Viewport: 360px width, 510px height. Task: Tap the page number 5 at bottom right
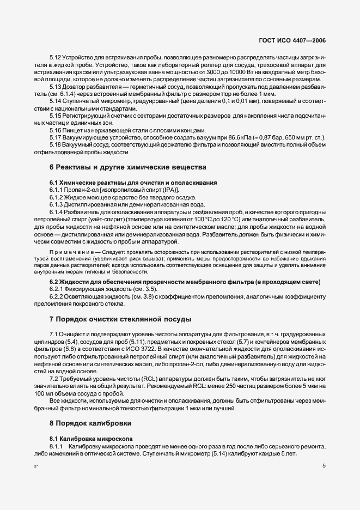point(324,466)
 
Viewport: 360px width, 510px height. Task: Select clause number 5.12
point(55,57)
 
